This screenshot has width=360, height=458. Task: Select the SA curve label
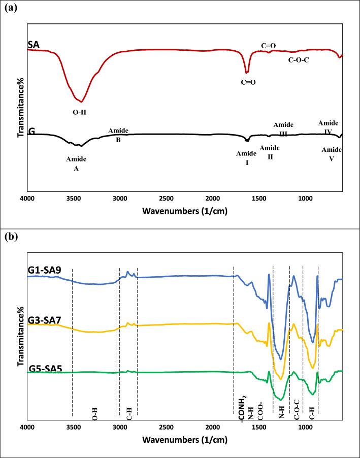click(33, 46)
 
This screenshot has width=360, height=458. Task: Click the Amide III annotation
click(283, 129)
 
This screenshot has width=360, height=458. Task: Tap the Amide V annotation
click(332, 153)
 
